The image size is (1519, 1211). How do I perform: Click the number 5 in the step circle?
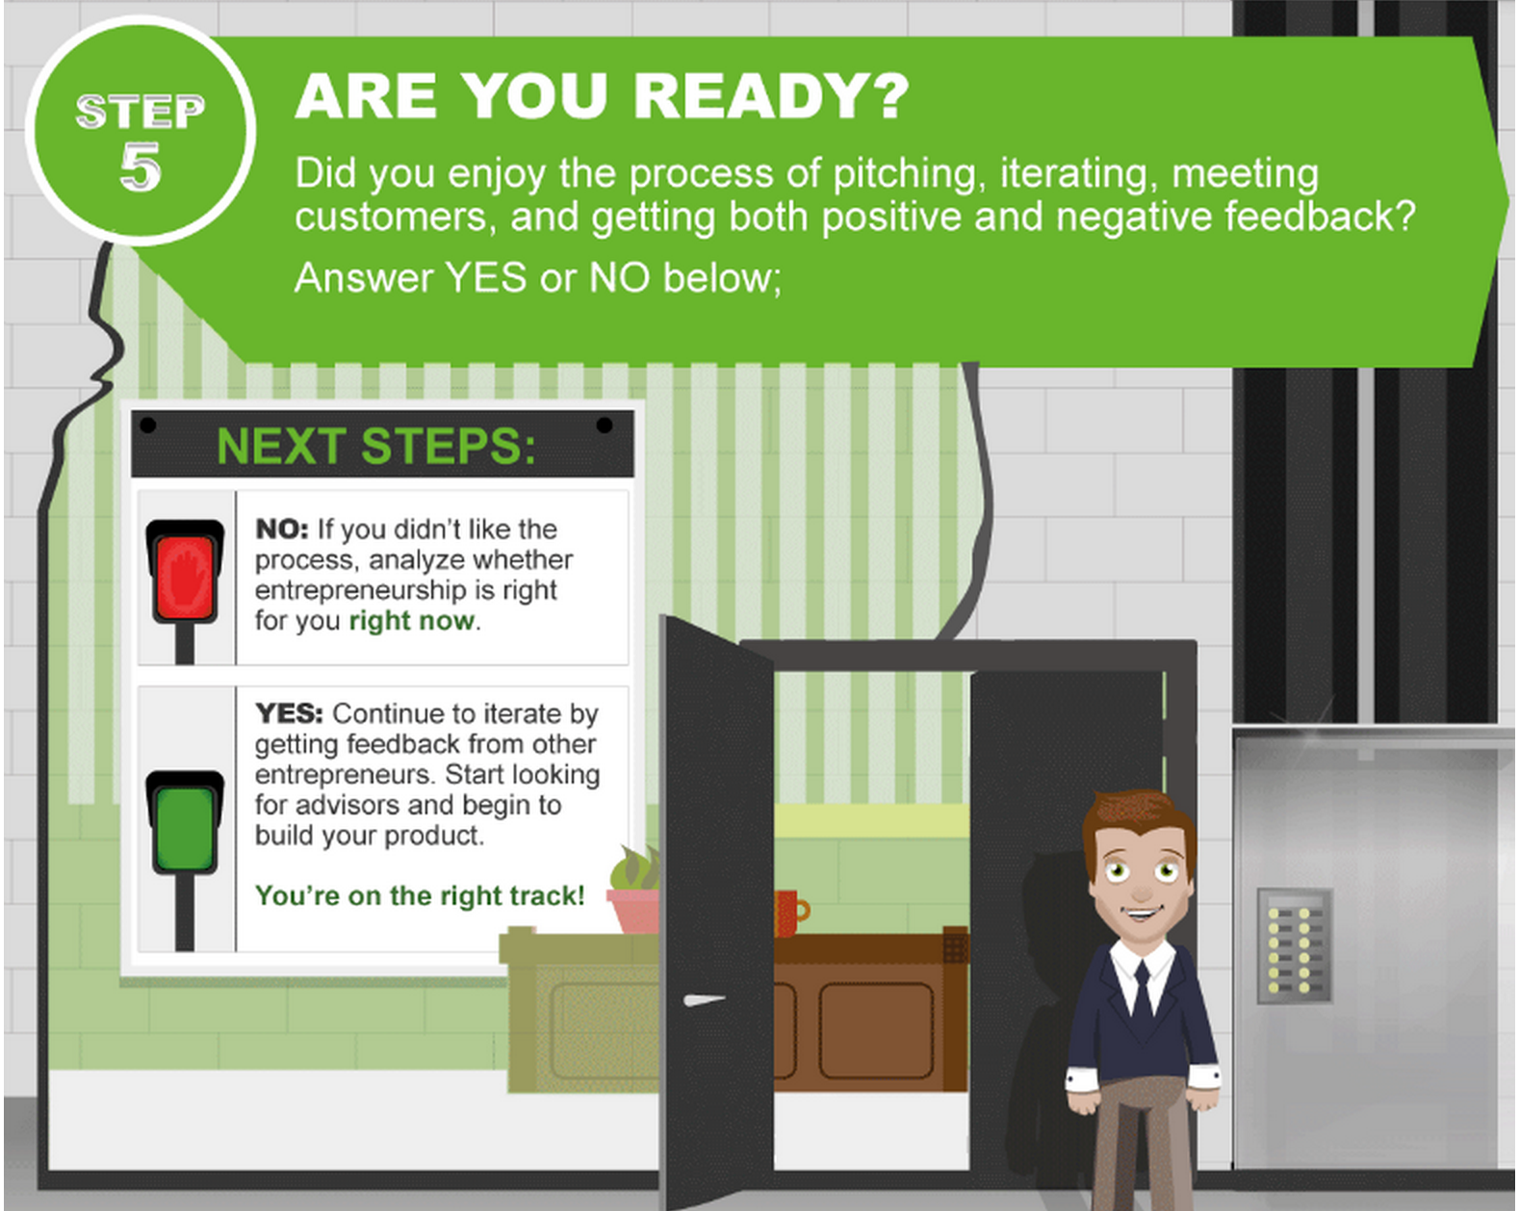141,167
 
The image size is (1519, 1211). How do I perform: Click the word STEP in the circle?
141,111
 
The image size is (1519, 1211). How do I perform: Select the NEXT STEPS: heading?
375,447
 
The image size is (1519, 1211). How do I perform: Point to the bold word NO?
282,528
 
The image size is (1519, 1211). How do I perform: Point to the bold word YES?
289,713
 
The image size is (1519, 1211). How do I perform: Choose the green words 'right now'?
412,621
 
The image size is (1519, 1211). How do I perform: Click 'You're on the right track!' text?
420,895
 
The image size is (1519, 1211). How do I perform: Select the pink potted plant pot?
632,911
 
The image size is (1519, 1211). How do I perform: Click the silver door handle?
704,1000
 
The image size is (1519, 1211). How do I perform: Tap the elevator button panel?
1294,945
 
